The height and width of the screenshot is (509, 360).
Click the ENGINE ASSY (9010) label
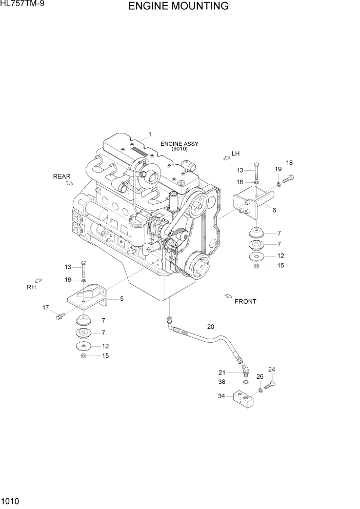tap(179, 146)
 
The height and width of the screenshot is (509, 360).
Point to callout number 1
tap(150, 134)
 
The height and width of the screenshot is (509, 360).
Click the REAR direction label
tap(62, 177)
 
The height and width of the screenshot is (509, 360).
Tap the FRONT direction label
tap(245, 302)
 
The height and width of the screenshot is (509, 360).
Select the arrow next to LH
tap(226, 158)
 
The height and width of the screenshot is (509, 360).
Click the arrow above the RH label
tap(38, 280)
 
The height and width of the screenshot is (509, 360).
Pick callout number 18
tap(289, 163)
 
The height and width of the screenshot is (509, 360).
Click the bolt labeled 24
tap(269, 385)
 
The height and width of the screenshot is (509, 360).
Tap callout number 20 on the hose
tap(210, 327)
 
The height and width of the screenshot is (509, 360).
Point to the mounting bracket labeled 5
tap(88, 298)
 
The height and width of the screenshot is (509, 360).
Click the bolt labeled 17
tap(59, 317)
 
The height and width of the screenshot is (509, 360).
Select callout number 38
tap(222, 382)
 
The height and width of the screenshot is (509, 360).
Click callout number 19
tap(278, 169)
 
